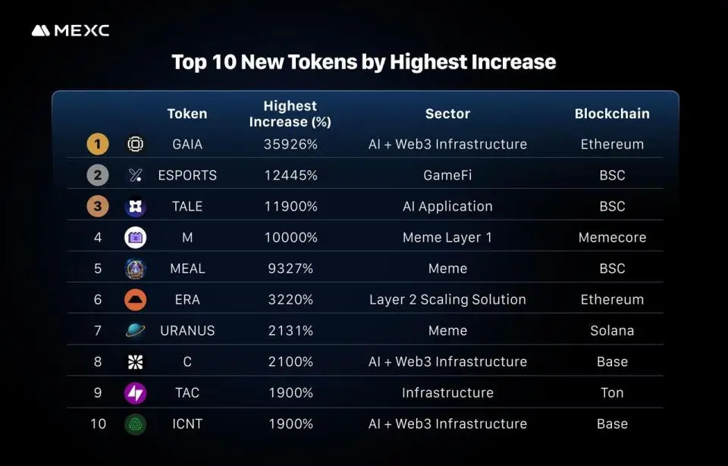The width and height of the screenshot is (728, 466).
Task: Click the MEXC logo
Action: click(x=71, y=30)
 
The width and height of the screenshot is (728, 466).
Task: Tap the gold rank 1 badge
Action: click(x=98, y=144)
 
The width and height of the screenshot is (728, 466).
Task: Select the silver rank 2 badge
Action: click(x=98, y=175)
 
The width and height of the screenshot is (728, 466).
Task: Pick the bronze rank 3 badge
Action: click(x=98, y=206)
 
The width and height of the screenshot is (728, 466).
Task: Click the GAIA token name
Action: click(x=187, y=144)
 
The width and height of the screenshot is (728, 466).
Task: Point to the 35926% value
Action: click(x=290, y=144)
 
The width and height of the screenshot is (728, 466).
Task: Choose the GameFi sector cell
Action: click(x=447, y=175)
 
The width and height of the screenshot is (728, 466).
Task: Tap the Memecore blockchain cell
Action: click(x=612, y=237)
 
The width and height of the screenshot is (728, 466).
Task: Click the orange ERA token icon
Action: click(x=135, y=299)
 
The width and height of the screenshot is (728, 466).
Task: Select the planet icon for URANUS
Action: click(x=135, y=330)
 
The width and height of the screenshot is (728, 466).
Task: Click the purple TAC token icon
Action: click(x=135, y=393)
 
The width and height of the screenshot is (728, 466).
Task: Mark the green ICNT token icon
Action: click(x=135, y=424)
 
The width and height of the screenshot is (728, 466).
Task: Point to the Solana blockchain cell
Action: click(x=612, y=330)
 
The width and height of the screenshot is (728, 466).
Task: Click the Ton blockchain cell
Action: click(x=612, y=393)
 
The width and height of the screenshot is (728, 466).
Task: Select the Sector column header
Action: click(x=447, y=114)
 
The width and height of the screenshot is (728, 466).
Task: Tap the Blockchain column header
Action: click(x=612, y=114)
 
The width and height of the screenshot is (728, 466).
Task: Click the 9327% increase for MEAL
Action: click(x=290, y=268)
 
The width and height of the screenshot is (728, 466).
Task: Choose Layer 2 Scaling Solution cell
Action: click(x=447, y=299)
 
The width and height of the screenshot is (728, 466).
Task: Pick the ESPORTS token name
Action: click(x=187, y=175)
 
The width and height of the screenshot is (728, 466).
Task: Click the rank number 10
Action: click(x=99, y=424)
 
